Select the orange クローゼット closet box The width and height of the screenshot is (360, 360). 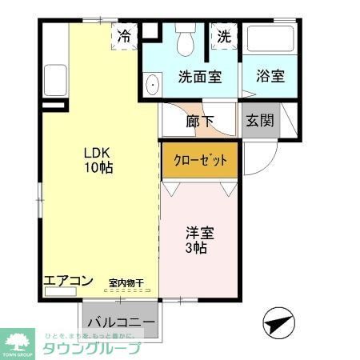pyautogui.click(x=201, y=160)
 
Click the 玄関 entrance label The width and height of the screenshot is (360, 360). pyautogui.click(x=260, y=122)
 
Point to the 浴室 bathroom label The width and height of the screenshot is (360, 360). pyautogui.click(x=270, y=78)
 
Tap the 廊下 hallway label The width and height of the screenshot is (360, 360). pyautogui.click(x=200, y=122)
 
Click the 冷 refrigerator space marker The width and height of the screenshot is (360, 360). pyautogui.click(x=124, y=35)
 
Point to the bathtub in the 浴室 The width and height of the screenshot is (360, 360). pyautogui.click(x=270, y=40)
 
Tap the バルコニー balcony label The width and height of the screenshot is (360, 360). pyautogui.click(x=121, y=322)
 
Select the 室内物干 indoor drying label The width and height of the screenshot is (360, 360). pyautogui.click(x=126, y=282)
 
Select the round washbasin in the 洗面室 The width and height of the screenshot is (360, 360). pyautogui.click(x=152, y=81)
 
